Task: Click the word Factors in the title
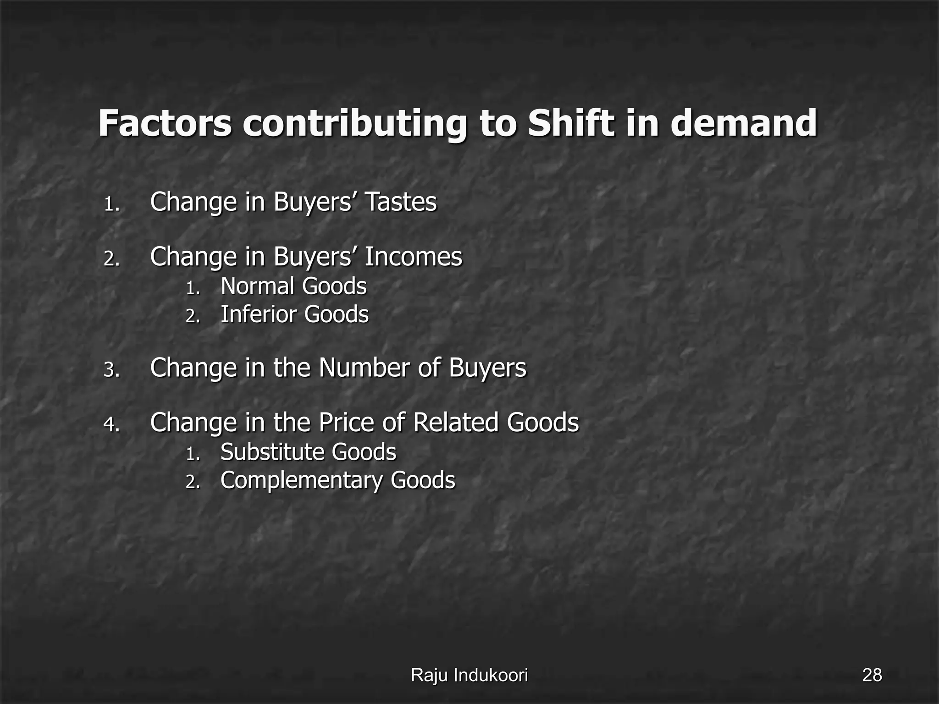165,123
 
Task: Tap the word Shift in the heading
571,123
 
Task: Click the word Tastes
400,202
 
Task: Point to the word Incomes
413,257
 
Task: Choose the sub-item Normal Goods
293,286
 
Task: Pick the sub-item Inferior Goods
294,315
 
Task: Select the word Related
455,423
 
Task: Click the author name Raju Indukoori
469,675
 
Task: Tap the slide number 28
872,675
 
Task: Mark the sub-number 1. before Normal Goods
193,289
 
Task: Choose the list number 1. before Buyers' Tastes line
111,204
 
